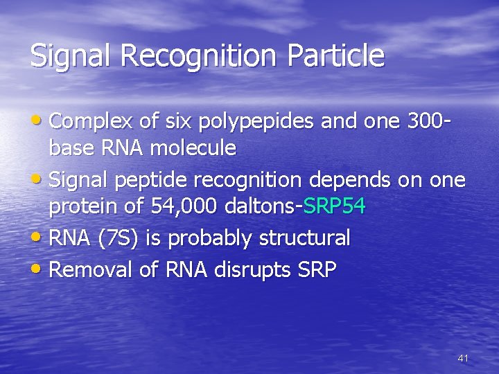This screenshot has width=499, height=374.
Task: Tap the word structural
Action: click(304, 238)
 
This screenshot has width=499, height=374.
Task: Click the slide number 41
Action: click(463, 358)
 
